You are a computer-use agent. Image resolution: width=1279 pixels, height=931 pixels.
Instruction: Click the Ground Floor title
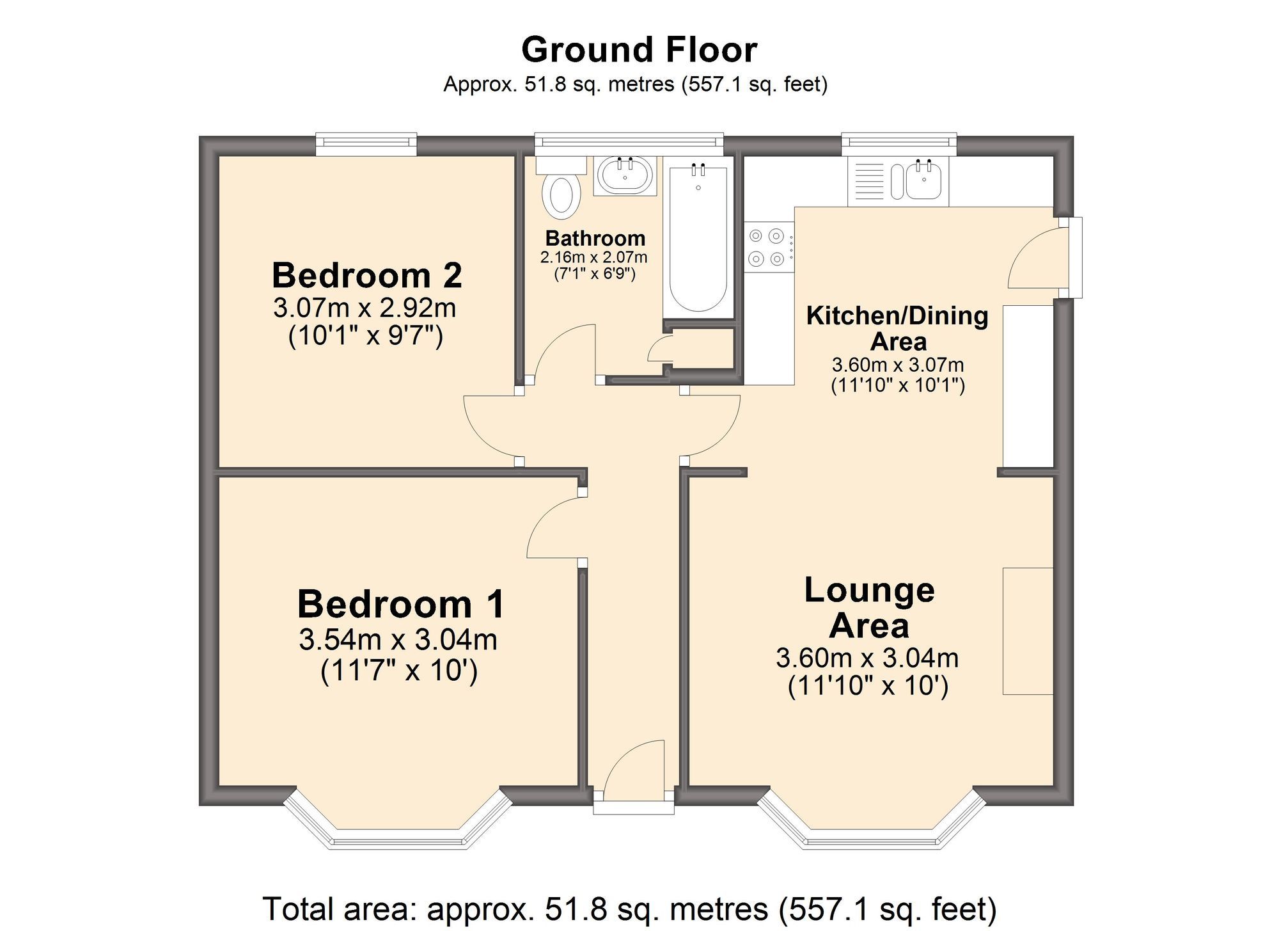coord(639,50)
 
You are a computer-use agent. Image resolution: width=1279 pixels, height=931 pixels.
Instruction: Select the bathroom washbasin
coord(624,175)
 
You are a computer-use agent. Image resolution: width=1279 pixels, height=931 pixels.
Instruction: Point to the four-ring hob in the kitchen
coord(767,247)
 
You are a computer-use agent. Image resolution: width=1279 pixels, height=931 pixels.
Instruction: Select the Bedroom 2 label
coord(366,276)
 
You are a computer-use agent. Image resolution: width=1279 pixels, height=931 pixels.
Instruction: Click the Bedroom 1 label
coord(400,604)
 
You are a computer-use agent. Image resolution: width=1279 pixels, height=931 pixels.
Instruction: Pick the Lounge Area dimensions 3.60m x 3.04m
coord(867,658)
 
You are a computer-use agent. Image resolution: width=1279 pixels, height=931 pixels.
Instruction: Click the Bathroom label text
coord(595,239)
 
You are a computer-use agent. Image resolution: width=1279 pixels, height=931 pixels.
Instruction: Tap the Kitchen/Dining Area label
coord(897,328)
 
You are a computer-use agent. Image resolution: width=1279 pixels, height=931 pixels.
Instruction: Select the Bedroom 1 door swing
coord(553,529)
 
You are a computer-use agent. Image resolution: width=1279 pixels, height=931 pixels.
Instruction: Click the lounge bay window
coord(872,832)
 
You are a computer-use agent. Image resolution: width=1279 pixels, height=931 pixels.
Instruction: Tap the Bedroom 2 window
coord(366,145)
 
